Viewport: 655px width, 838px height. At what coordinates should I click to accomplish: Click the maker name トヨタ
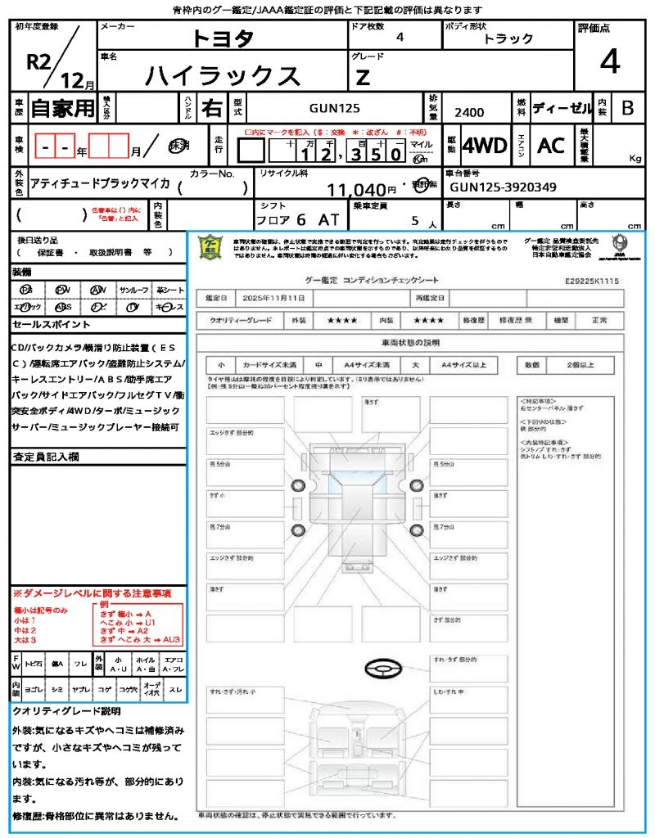[x=223, y=38]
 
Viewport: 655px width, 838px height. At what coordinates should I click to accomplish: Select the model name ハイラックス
[x=223, y=75]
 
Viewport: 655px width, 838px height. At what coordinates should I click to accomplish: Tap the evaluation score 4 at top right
[x=609, y=61]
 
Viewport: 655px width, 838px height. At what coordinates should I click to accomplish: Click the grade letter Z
[x=362, y=78]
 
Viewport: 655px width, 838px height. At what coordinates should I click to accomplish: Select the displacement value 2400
[x=469, y=113]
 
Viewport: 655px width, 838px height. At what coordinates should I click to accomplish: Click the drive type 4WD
[x=485, y=146]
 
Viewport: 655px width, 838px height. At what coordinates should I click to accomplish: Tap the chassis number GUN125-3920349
[x=504, y=187]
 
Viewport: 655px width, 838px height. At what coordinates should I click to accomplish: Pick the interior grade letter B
[x=627, y=107]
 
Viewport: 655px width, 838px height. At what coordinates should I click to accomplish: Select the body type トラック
[x=508, y=38]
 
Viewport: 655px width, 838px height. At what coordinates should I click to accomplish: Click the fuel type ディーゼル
[x=562, y=107]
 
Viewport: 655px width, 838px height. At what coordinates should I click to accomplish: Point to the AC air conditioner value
[x=551, y=146]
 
